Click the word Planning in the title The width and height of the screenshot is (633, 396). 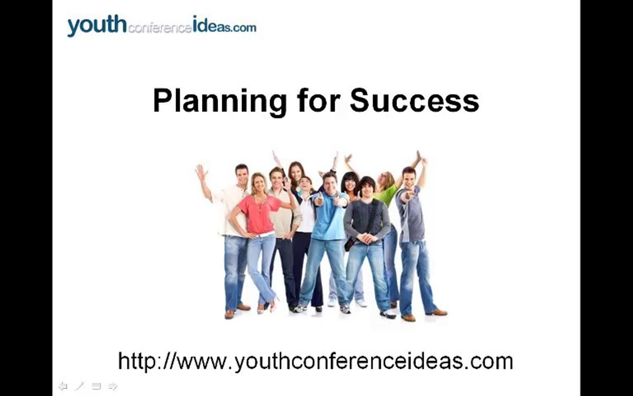(220, 101)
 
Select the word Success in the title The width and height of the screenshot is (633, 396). (415, 100)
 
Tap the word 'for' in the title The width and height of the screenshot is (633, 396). (319, 100)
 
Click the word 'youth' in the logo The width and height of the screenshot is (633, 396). (97, 25)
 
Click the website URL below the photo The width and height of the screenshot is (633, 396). (315, 361)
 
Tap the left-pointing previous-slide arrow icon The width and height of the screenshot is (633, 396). (63, 386)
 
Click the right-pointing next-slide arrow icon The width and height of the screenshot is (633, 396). (113, 386)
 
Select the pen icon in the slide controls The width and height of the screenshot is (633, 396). (80, 386)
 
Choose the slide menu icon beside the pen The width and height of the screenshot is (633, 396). (96, 386)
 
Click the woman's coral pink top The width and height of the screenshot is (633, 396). (258, 214)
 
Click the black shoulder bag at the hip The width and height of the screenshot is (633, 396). (349, 244)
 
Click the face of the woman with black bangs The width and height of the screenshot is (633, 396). (350, 184)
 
